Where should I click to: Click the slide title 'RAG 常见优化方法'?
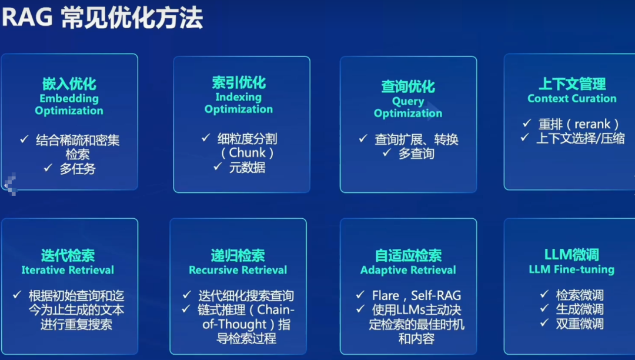(x=102, y=18)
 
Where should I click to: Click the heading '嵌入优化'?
(x=69, y=84)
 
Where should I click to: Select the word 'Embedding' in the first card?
(x=69, y=98)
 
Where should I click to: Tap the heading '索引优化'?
(x=239, y=82)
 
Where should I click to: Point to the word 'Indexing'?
(x=239, y=97)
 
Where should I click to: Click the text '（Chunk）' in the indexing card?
(x=247, y=153)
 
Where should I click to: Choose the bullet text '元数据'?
(x=247, y=167)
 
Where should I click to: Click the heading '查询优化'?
(x=408, y=86)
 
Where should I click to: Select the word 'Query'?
(x=408, y=101)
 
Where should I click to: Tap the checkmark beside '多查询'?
(x=387, y=152)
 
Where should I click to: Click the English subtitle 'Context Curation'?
(x=572, y=98)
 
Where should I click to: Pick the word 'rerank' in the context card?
(x=593, y=124)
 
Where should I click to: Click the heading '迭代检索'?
(x=68, y=255)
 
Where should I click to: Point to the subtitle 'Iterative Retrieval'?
(x=68, y=270)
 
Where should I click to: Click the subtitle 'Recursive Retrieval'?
(x=238, y=270)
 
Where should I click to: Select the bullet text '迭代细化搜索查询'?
(x=246, y=296)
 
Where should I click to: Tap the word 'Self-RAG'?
(x=436, y=296)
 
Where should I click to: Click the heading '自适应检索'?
(x=408, y=255)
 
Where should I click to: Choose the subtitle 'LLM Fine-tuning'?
(x=571, y=269)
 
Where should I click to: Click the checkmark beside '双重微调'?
(x=544, y=323)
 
